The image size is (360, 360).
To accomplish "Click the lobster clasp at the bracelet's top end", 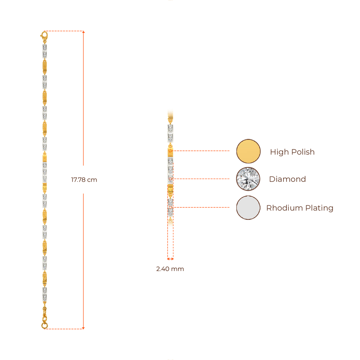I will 44,36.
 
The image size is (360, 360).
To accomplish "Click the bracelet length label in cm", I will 84,180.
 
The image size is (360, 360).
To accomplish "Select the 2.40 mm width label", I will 170,269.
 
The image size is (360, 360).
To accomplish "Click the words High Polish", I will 292,152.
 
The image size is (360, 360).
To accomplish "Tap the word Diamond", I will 287,179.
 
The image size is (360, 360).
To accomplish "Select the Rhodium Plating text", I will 300,208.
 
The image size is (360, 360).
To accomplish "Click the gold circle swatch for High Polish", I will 248,151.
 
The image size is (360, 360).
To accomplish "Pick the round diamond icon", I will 248,179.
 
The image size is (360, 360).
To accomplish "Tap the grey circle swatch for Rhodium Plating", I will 248,208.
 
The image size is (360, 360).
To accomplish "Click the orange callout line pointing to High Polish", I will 202,151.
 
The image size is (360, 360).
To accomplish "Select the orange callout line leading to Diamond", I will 202,179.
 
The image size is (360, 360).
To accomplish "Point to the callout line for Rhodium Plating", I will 202,207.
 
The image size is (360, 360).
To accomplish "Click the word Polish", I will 303,152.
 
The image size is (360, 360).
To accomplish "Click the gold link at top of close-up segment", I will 171,115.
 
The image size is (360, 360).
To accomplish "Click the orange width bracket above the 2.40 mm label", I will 170,259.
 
